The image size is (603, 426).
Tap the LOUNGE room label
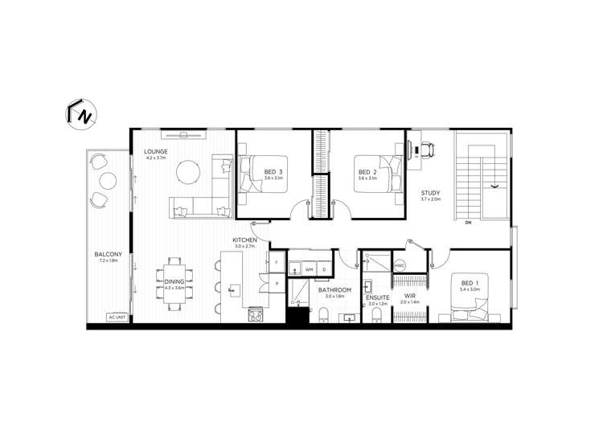(x=155, y=152)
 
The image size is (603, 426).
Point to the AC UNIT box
(x=118, y=317)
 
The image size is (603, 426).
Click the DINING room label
(x=174, y=281)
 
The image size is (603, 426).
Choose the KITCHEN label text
(x=244, y=240)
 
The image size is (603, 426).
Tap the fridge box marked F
(x=275, y=263)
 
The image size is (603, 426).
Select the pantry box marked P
(x=275, y=284)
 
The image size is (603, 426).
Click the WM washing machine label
(x=309, y=270)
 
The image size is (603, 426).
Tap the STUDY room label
(x=431, y=193)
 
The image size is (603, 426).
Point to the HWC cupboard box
(x=400, y=264)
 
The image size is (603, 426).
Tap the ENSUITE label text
(x=377, y=297)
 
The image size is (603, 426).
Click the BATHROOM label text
(x=334, y=289)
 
